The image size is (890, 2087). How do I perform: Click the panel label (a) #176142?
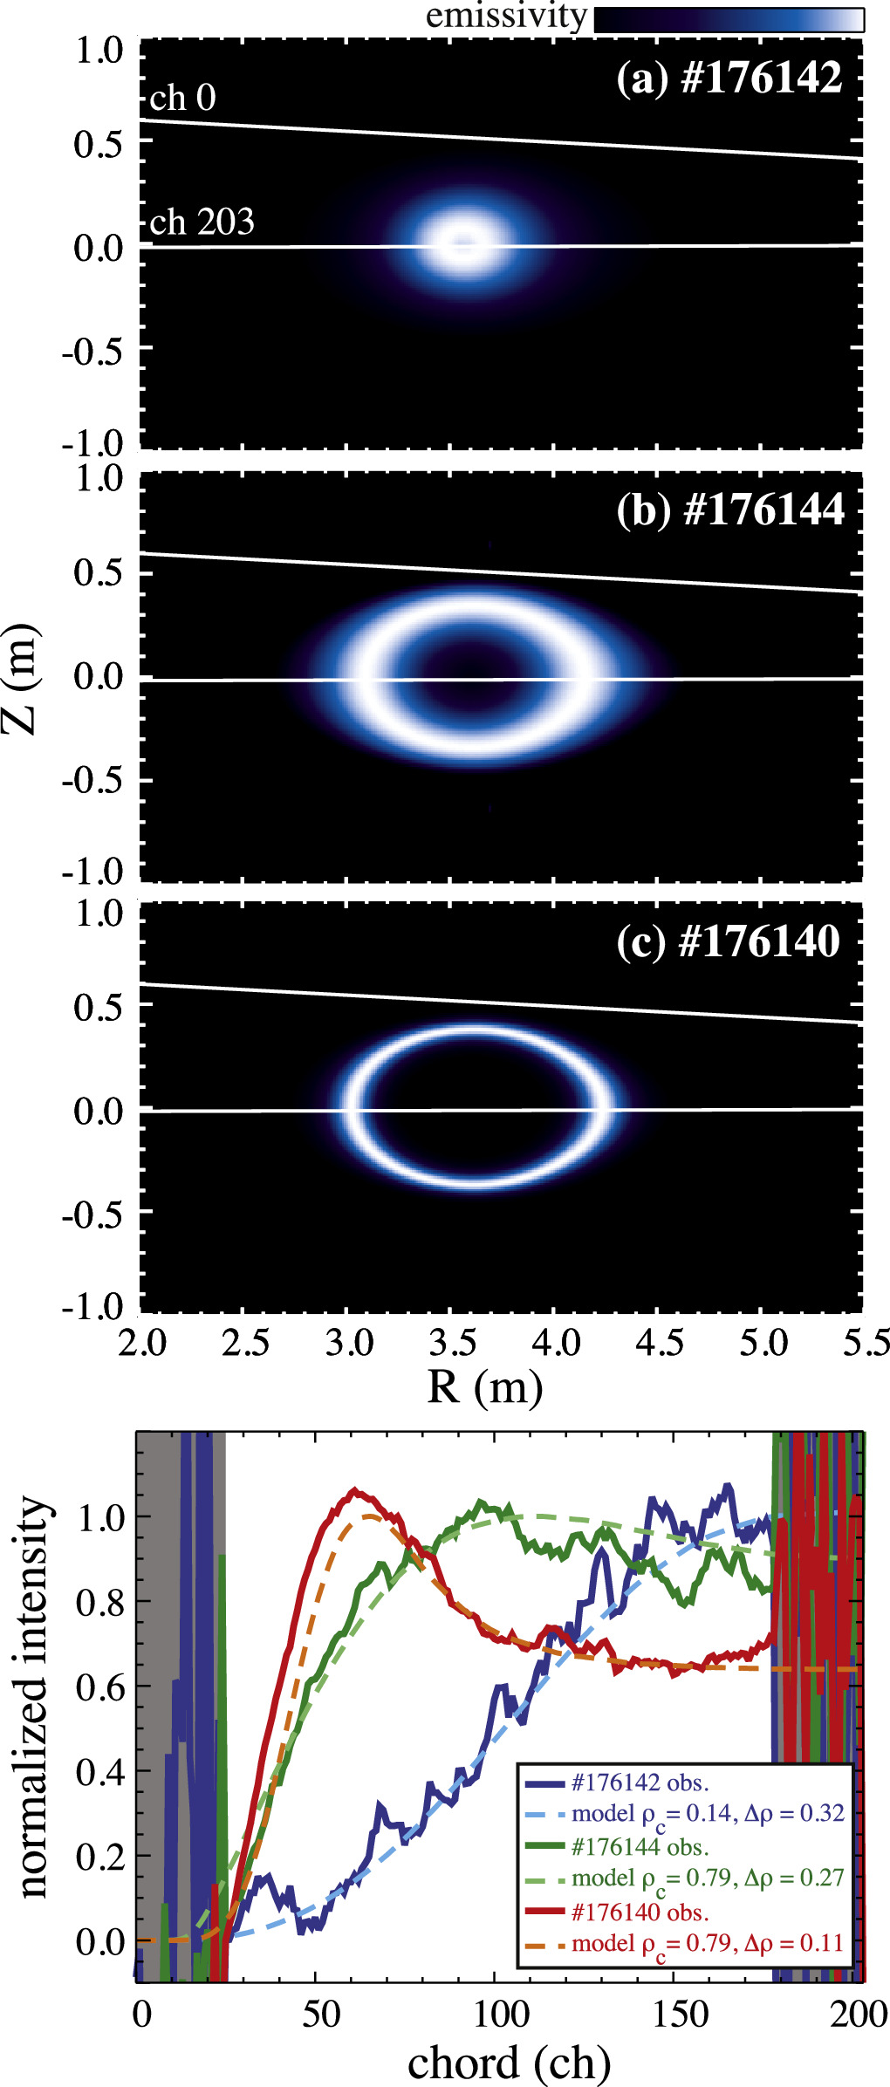point(729,79)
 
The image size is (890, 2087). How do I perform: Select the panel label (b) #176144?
point(730,510)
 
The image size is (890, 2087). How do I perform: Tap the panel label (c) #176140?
point(729,942)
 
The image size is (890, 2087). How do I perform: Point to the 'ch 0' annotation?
point(182,99)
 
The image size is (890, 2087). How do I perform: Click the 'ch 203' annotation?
point(202,223)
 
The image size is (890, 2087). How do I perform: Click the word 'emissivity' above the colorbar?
point(506,16)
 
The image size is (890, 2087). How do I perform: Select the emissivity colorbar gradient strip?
point(729,20)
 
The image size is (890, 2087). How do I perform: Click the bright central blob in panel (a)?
point(462,243)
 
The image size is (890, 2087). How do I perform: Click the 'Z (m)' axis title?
point(21,679)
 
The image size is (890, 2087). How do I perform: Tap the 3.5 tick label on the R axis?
point(452,1342)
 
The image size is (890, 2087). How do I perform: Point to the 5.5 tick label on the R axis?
point(866,1342)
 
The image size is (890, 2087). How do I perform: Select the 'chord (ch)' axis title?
point(509,2063)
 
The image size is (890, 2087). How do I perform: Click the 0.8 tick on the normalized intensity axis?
point(100,1602)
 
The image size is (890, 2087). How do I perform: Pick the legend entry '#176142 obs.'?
point(640,1783)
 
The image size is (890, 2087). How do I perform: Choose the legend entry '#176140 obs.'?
point(640,1912)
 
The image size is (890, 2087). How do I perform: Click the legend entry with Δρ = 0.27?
point(708,1878)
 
